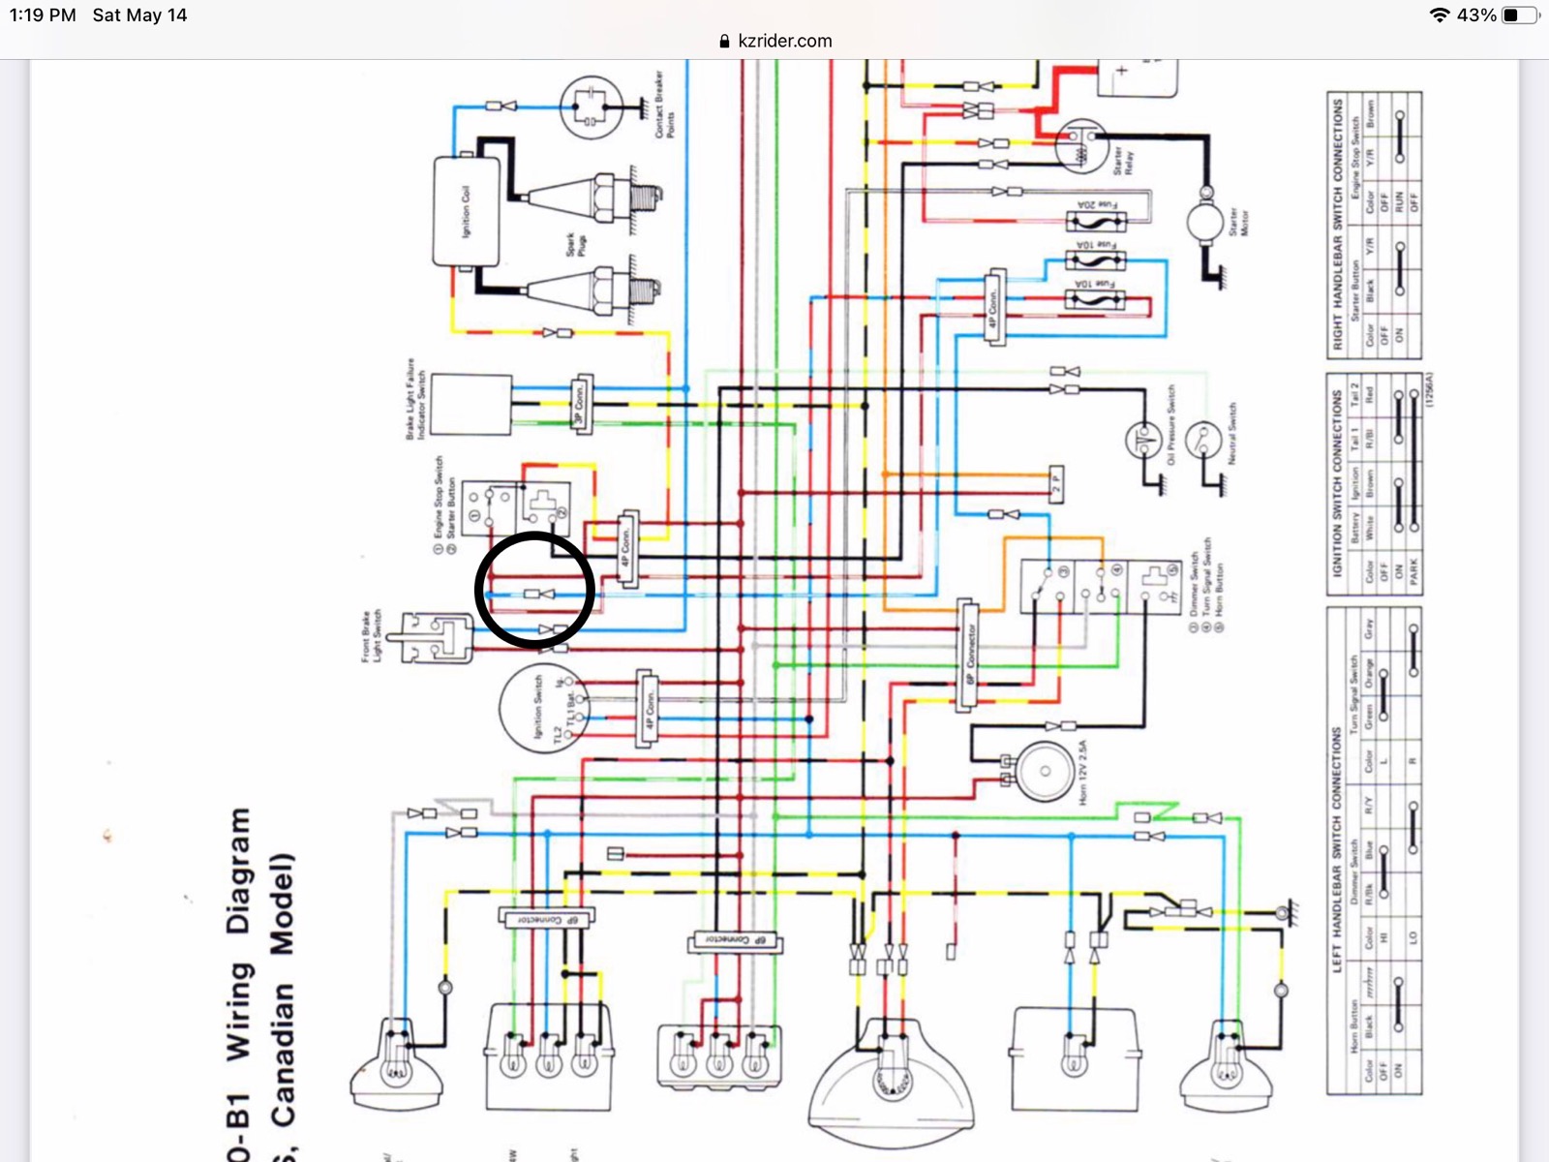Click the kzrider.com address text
(x=784, y=41)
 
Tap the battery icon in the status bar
(x=1520, y=15)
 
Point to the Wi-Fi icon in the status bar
(x=1440, y=15)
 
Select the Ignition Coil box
(x=466, y=210)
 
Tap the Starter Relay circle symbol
(x=1080, y=146)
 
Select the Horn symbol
(x=1044, y=771)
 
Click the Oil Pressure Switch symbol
(x=1143, y=439)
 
